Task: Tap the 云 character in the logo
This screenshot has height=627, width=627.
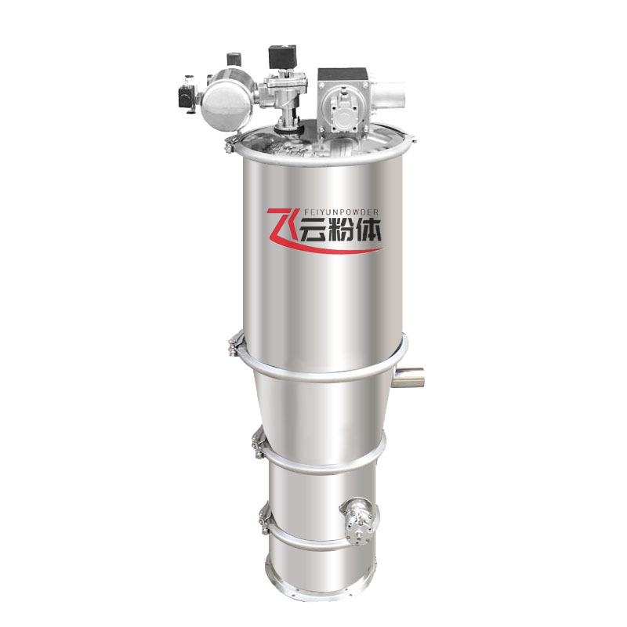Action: pyautogui.click(x=312, y=230)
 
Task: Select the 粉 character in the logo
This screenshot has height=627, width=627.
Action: pyautogui.click(x=339, y=230)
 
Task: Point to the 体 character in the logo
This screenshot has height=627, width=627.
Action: pyautogui.click(x=368, y=230)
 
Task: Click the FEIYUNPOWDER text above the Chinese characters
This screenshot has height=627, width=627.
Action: pyautogui.click(x=339, y=212)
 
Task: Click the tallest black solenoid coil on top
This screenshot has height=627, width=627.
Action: pyautogui.click(x=283, y=56)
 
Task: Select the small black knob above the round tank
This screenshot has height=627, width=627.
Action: pyautogui.click(x=234, y=60)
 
